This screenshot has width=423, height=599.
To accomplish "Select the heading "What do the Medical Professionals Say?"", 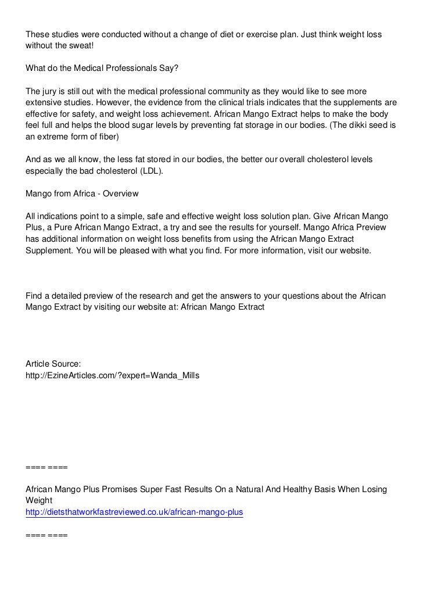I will click(x=103, y=68).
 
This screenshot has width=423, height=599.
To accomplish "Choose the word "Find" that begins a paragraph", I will click(x=34, y=296).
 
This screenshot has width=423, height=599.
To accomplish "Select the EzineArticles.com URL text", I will click(x=112, y=376).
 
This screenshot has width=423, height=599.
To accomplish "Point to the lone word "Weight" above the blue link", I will click(x=39, y=500).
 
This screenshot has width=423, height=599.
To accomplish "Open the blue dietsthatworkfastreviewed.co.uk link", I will click(x=134, y=512).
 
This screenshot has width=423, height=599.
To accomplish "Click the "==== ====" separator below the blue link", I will click(x=46, y=535).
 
